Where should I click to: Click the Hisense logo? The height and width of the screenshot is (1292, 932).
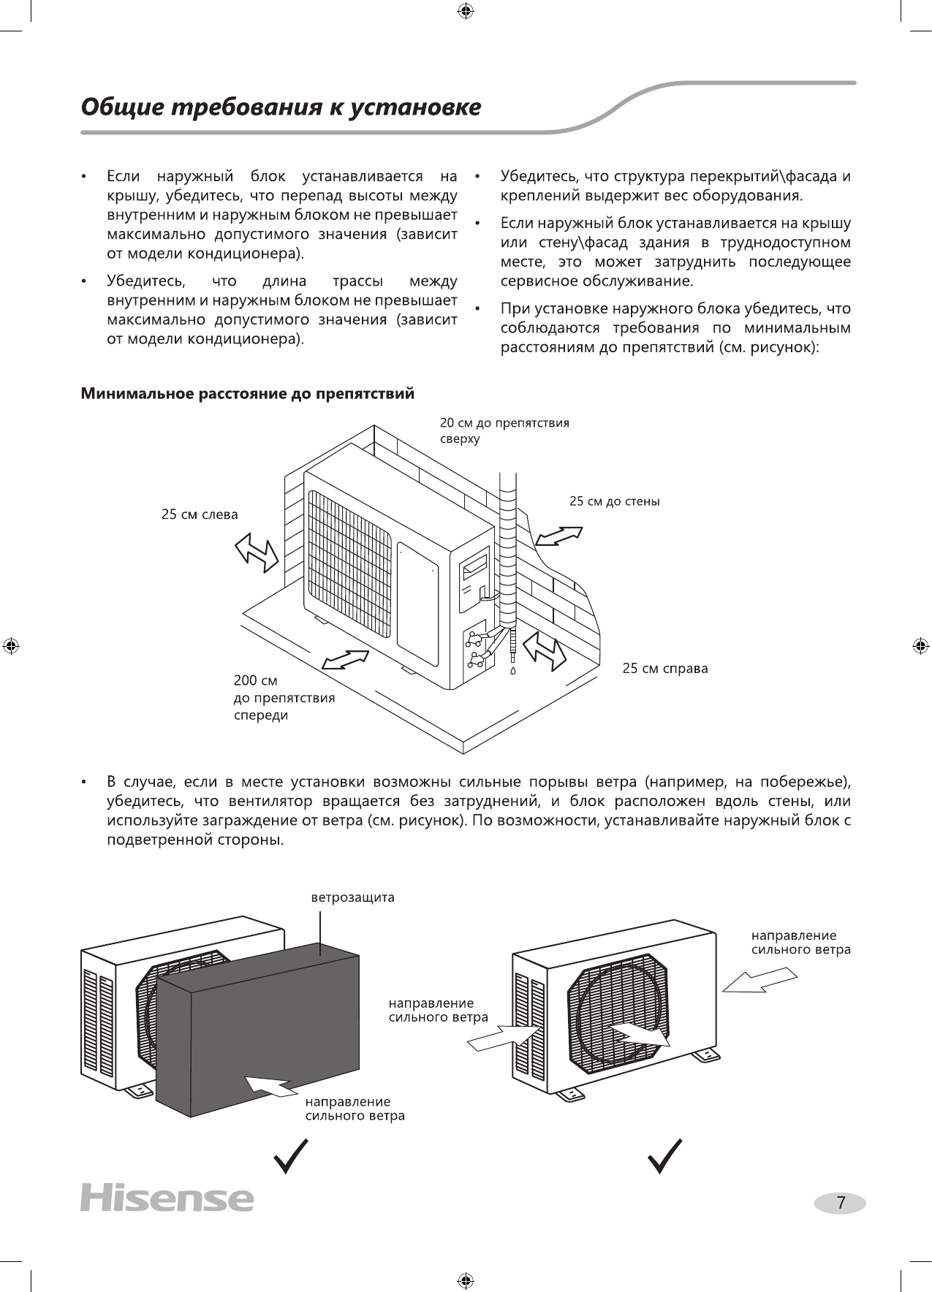tap(167, 1198)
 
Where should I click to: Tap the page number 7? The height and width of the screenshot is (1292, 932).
tap(841, 1203)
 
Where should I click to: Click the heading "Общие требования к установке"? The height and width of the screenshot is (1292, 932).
tap(281, 107)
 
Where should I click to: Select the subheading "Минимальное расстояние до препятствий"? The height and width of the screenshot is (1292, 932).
tap(247, 395)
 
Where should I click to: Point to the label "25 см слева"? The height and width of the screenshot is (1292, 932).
tap(200, 514)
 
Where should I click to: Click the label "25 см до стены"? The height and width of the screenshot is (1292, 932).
tap(614, 501)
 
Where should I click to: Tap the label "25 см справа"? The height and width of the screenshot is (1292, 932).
tap(664, 669)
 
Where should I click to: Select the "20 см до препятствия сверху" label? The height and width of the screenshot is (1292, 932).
tap(504, 430)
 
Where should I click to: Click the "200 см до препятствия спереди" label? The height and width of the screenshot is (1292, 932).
tap(284, 698)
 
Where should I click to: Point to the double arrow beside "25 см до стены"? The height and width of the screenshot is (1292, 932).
tap(558, 536)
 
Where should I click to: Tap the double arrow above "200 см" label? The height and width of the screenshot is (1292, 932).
tap(345, 659)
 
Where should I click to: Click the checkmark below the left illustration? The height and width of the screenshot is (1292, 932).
tap(290, 1156)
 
